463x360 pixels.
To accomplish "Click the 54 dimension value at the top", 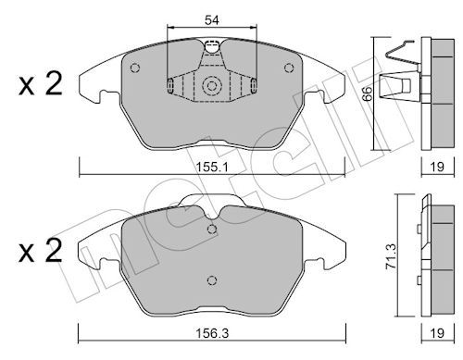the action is coord(212,20).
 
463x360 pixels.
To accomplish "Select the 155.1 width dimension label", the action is coord(212,168).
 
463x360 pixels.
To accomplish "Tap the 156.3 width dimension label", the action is coord(212,333).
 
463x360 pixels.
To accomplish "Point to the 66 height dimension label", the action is coord(368,93).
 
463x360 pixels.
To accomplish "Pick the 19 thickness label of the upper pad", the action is coord(437,167).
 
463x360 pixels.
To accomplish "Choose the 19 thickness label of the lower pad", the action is coord(437,333).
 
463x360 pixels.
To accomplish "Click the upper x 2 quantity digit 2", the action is coord(54,83).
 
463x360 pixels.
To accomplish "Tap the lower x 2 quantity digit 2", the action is coord(54,251).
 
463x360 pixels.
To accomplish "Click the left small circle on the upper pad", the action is coord(135,68).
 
